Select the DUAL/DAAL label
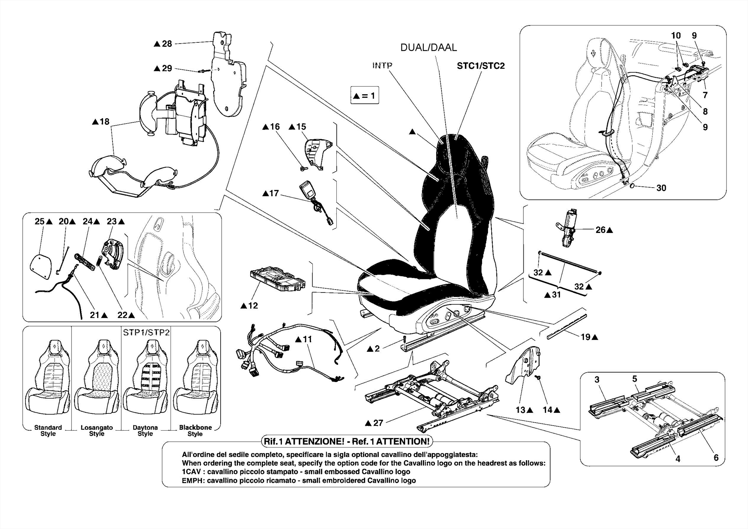pos(428,48)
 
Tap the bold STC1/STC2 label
pos(481,66)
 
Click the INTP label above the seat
pos(382,66)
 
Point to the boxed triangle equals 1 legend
pos(365,96)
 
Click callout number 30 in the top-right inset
pos(661,188)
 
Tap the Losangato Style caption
pos(97,431)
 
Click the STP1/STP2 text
pos(146,332)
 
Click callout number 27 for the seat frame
pos(378,423)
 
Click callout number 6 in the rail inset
pos(716,458)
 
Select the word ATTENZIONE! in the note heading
pos(314,442)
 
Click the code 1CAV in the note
pos(191,472)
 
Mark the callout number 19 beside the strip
pos(585,337)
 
